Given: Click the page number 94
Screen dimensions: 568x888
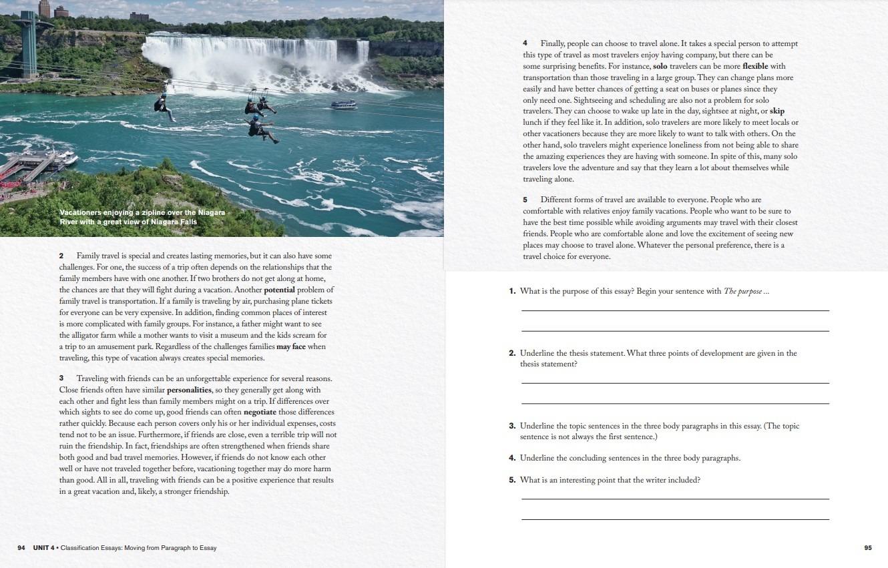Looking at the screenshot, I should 21,548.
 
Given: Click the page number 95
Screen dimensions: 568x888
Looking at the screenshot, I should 867,548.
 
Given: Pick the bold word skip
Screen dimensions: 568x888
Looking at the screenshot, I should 777,111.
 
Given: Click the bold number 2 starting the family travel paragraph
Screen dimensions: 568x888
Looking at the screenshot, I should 61,256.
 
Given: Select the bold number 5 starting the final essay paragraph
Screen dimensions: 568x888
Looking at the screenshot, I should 525,200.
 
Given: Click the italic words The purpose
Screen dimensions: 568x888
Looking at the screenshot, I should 742,292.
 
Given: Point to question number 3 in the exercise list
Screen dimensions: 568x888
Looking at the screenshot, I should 512,426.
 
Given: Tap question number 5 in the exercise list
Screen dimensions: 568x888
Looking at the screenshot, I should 512,481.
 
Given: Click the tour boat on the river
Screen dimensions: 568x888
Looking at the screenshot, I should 343,105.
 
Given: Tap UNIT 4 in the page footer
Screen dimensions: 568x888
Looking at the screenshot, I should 45,548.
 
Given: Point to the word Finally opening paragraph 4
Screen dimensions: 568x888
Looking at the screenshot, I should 553,44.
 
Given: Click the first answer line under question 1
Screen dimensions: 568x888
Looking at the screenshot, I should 674,310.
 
